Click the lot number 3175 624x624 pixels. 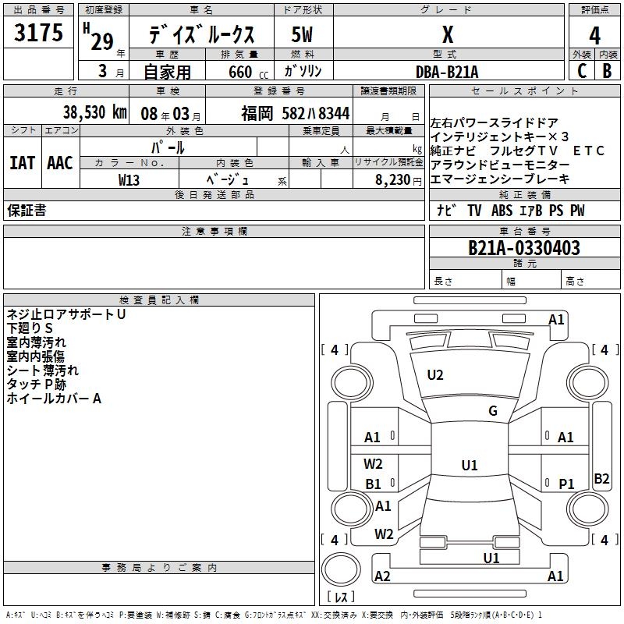tap(38, 34)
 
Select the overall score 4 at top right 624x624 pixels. tap(594, 35)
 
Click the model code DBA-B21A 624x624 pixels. tap(447, 72)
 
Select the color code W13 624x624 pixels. tap(129, 179)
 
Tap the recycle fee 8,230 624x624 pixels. tap(392, 179)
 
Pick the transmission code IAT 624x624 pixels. tap(23, 162)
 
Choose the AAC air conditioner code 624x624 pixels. tap(59, 162)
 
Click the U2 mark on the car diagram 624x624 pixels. tap(435, 375)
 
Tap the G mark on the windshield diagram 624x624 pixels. tap(492, 411)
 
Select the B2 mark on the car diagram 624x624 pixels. tap(601, 479)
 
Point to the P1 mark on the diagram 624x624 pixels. tap(566, 484)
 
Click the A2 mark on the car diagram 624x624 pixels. tap(382, 576)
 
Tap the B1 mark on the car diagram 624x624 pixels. tap(373, 484)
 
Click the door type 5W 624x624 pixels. tap(303, 35)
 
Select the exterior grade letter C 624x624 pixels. tap(581, 71)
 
